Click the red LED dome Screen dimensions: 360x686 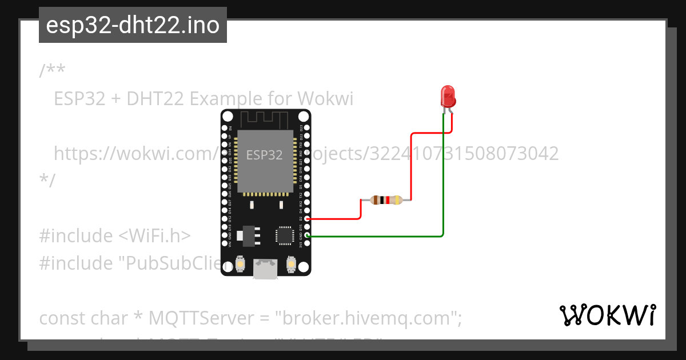(448, 94)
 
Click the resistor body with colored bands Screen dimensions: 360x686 (386, 200)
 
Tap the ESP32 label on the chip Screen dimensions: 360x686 (264, 155)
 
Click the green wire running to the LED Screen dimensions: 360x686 (444, 183)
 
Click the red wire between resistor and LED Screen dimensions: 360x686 (412, 166)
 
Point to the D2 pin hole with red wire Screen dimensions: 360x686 (308, 218)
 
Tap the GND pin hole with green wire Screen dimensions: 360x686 (308, 235)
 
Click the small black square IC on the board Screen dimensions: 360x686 (284, 235)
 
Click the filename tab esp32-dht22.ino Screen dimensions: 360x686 (133, 25)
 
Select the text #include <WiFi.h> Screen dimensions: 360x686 (115, 235)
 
